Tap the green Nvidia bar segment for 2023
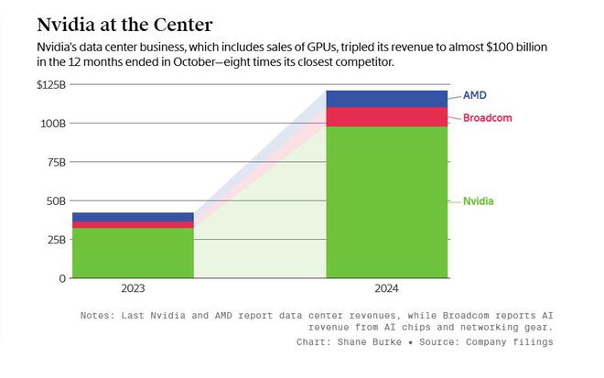click(x=134, y=252)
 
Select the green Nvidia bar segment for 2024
click(x=387, y=201)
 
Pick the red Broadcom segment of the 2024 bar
click(x=387, y=116)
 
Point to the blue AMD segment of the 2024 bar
click(x=387, y=99)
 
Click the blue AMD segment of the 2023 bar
click(x=134, y=217)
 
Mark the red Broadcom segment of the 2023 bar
click(x=134, y=224)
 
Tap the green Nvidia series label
click(x=478, y=200)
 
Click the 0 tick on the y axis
click(x=62, y=277)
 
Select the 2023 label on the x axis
click(x=134, y=288)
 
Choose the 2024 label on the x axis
click(x=387, y=288)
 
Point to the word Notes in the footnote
click(x=98, y=315)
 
